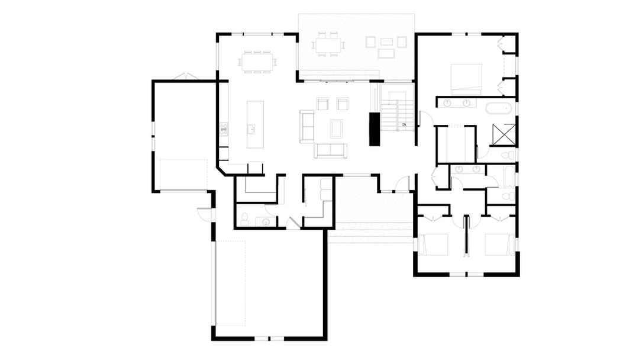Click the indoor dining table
(257, 62)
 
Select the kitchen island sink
(251, 130)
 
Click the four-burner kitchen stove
(224, 129)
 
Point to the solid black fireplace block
(375, 129)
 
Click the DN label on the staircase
(404, 125)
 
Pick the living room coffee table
(336, 128)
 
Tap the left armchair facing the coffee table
(322, 104)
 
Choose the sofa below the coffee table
(331, 150)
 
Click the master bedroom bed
(466, 79)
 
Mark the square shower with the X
(504, 134)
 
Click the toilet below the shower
(509, 155)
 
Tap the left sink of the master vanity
(447, 103)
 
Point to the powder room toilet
(244, 219)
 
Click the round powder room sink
(266, 222)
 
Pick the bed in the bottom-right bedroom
(499, 244)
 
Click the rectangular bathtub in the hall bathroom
(509, 176)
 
